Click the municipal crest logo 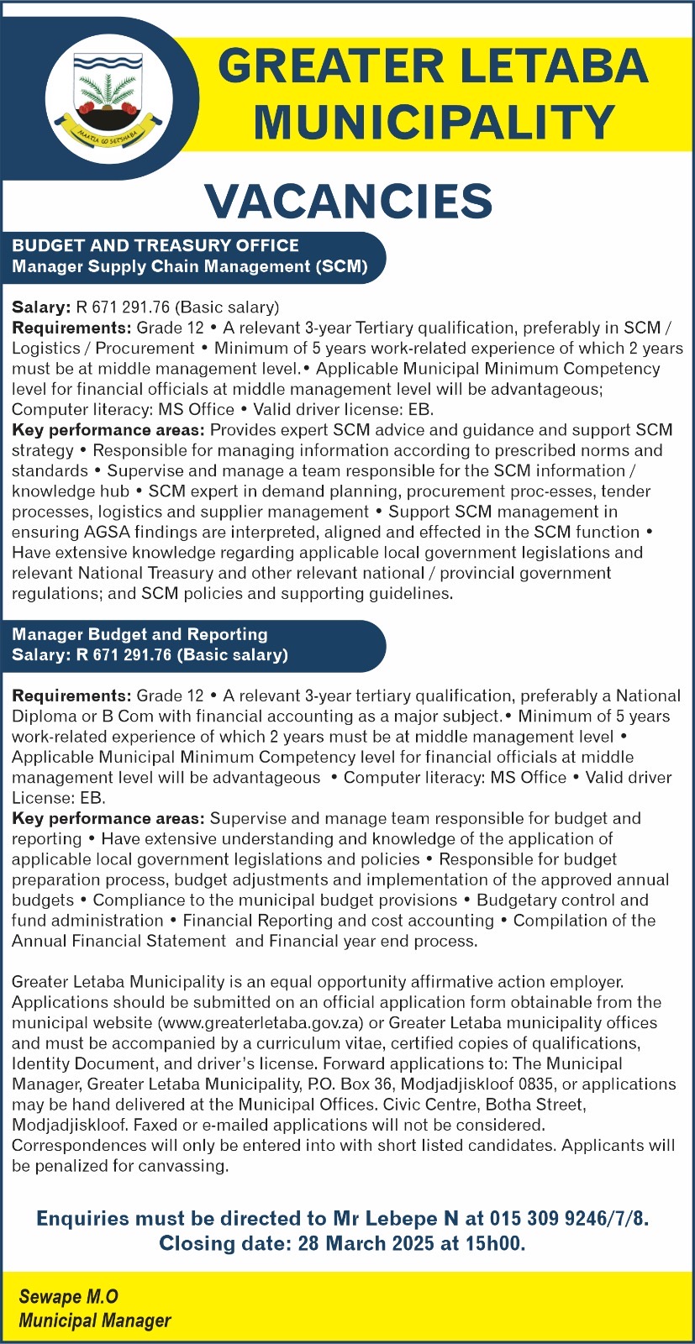tap(108, 98)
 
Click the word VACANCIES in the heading tap(348, 202)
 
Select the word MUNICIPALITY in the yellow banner tap(434, 123)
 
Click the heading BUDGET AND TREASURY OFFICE tap(155, 245)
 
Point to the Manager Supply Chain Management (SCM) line tap(190, 266)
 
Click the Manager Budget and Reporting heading tap(140, 634)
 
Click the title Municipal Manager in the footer tap(95, 1320)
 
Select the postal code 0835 tap(534, 1084)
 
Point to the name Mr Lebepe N tap(397, 1219)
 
